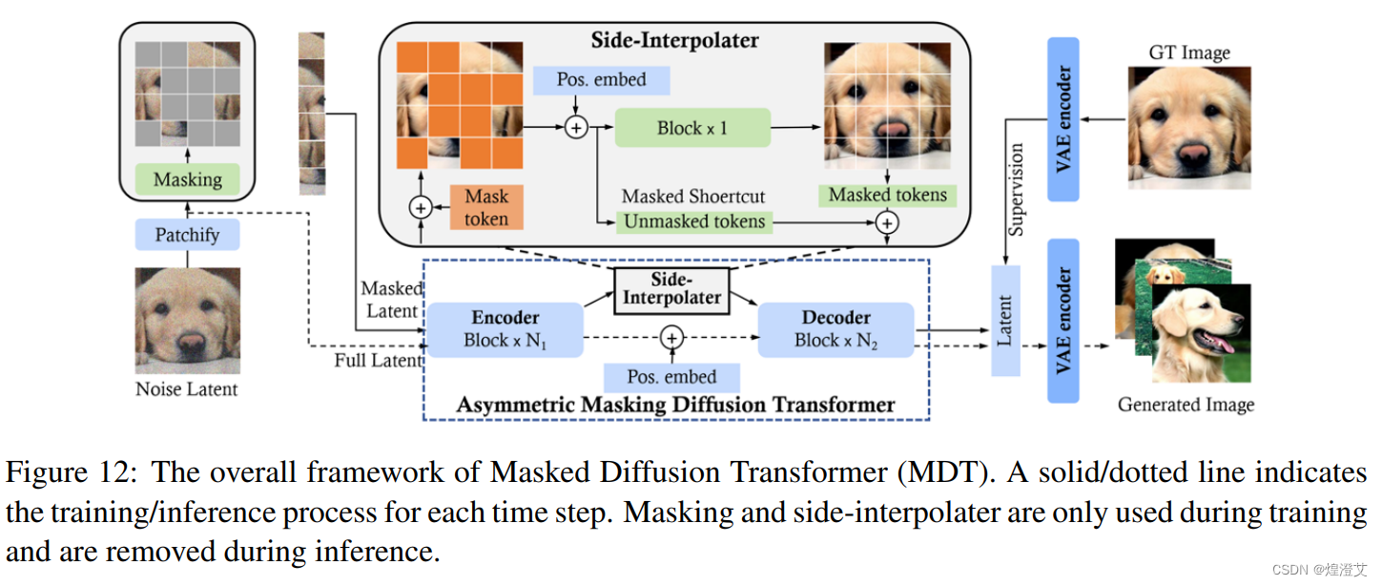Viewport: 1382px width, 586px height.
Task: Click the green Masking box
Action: pos(187,179)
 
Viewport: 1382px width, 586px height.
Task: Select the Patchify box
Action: pos(187,234)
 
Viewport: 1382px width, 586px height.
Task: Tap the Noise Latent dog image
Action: pos(187,321)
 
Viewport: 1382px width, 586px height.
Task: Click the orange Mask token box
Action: pos(486,207)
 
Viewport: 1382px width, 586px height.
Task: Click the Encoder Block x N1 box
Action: pos(505,329)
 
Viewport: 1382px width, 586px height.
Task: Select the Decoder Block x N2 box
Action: pos(835,329)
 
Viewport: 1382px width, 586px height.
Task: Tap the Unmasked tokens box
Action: pos(693,221)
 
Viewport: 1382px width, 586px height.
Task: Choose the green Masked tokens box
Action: pos(887,195)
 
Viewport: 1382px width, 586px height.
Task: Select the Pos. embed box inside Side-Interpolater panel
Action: pos(601,80)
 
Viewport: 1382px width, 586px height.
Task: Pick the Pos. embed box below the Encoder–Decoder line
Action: pos(672,376)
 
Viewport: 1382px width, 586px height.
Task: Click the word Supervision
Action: pos(1017,189)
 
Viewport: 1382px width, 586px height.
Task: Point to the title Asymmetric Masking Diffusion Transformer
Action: pos(675,405)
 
